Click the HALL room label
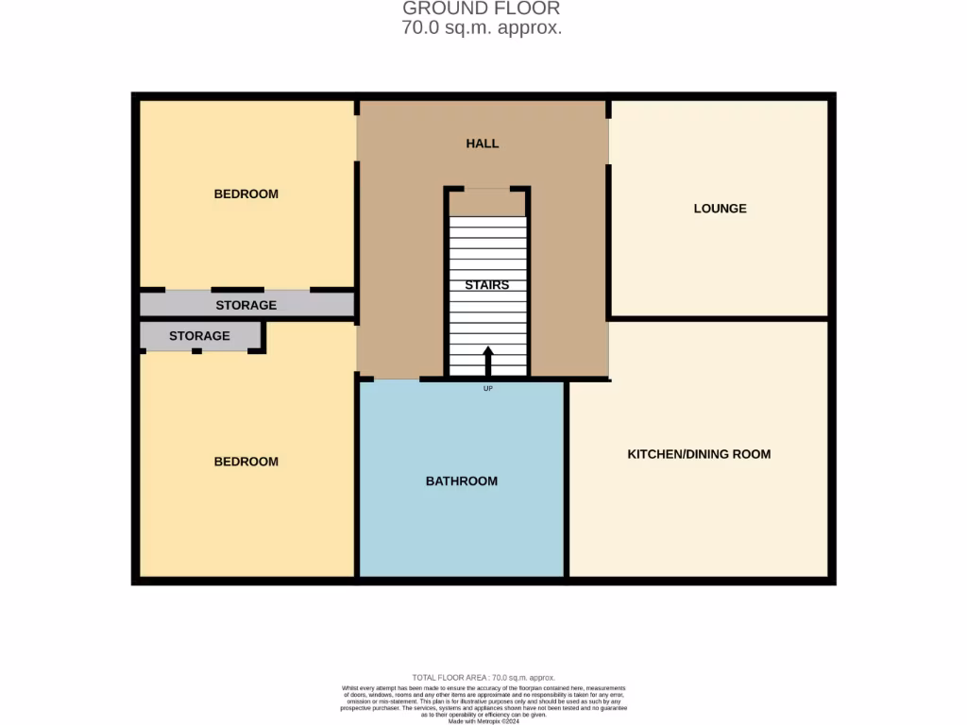[x=482, y=143]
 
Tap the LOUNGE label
[x=720, y=209]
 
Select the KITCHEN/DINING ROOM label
[x=699, y=454]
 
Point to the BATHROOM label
[x=461, y=481]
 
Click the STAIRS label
[x=486, y=285]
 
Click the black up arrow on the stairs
[x=488, y=361]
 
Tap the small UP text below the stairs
[x=487, y=388]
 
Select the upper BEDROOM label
[x=246, y=194]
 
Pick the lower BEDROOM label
[x=246, y=462]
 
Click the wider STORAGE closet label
[x=246, y=305]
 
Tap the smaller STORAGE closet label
[x=199, y=336]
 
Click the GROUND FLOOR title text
[x=482, y=9]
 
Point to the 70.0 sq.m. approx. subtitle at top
[x=482, y=28]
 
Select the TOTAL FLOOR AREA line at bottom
[x=483, y=678]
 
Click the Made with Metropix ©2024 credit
[x=483, y=721]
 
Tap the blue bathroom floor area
[x=461, y=529]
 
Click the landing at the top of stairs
[x=487, y=203]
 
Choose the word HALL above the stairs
[x=482, y=143]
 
